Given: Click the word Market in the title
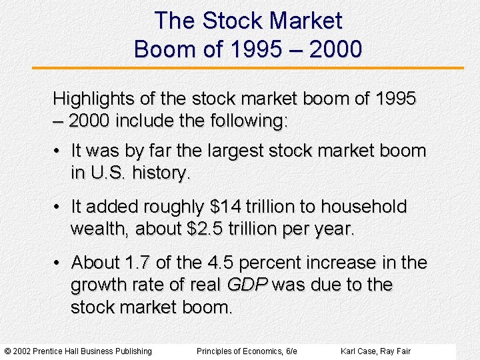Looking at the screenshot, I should [305, 21].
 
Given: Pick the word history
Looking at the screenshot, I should [162, 173].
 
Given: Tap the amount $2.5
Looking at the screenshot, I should [209, 229].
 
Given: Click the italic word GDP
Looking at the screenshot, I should [247, 285].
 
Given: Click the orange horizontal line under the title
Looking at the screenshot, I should [247, 68].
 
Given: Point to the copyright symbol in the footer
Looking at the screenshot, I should [7, 351].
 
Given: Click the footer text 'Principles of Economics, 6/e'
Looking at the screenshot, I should [247, 351].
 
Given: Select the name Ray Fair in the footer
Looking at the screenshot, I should [395, 351].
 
